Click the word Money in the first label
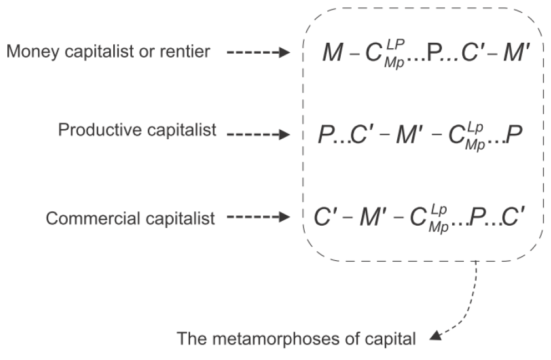28,52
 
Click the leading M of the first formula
332,53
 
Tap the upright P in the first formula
433,53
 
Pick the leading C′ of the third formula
324,218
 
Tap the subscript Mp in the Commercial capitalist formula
437,227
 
